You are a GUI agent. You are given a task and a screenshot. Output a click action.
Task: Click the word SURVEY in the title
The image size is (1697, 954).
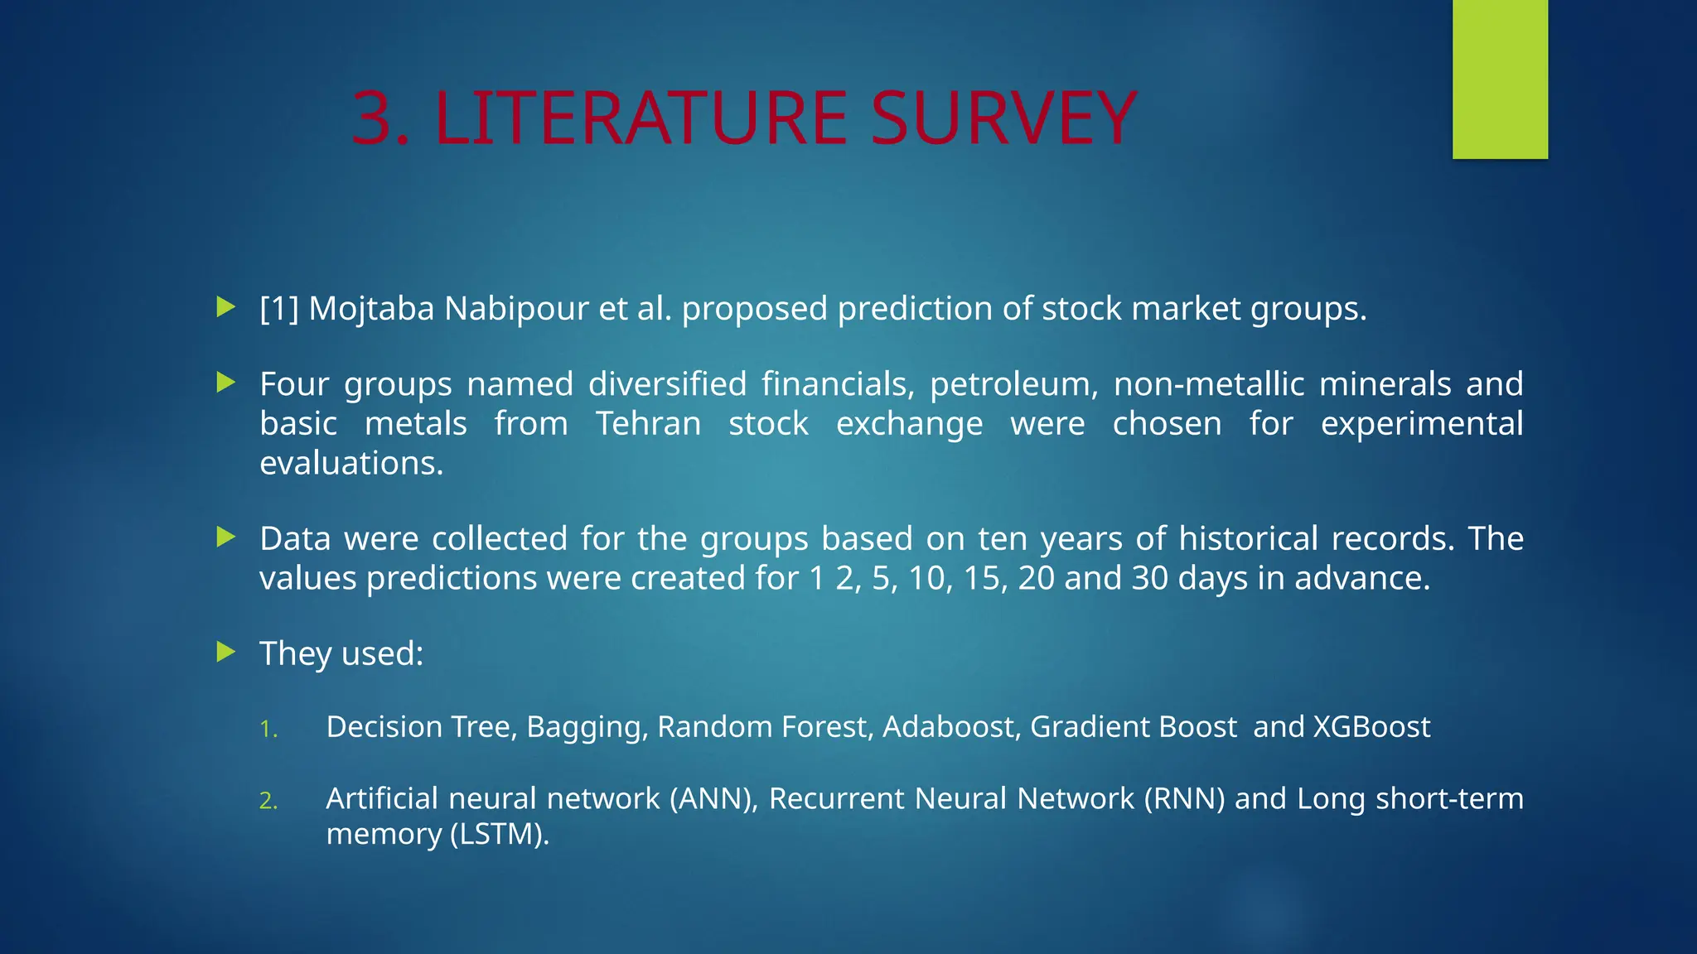click(1003, 118)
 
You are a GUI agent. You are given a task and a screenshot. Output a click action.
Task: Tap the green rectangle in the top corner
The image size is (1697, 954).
click(1500, 79)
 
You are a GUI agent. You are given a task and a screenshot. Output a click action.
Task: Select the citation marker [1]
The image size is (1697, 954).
click(278, 309)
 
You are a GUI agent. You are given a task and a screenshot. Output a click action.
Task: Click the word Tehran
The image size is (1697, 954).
click(648, 424)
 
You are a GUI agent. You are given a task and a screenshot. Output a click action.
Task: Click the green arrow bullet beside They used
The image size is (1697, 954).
click(226, 653)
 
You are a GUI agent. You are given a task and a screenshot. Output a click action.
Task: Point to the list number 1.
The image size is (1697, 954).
click(268, 729)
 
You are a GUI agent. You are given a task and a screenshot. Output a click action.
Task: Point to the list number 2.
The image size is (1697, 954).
click(268, 801)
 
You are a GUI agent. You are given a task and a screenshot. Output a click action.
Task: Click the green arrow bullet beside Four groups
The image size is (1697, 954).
click(226, 383)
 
